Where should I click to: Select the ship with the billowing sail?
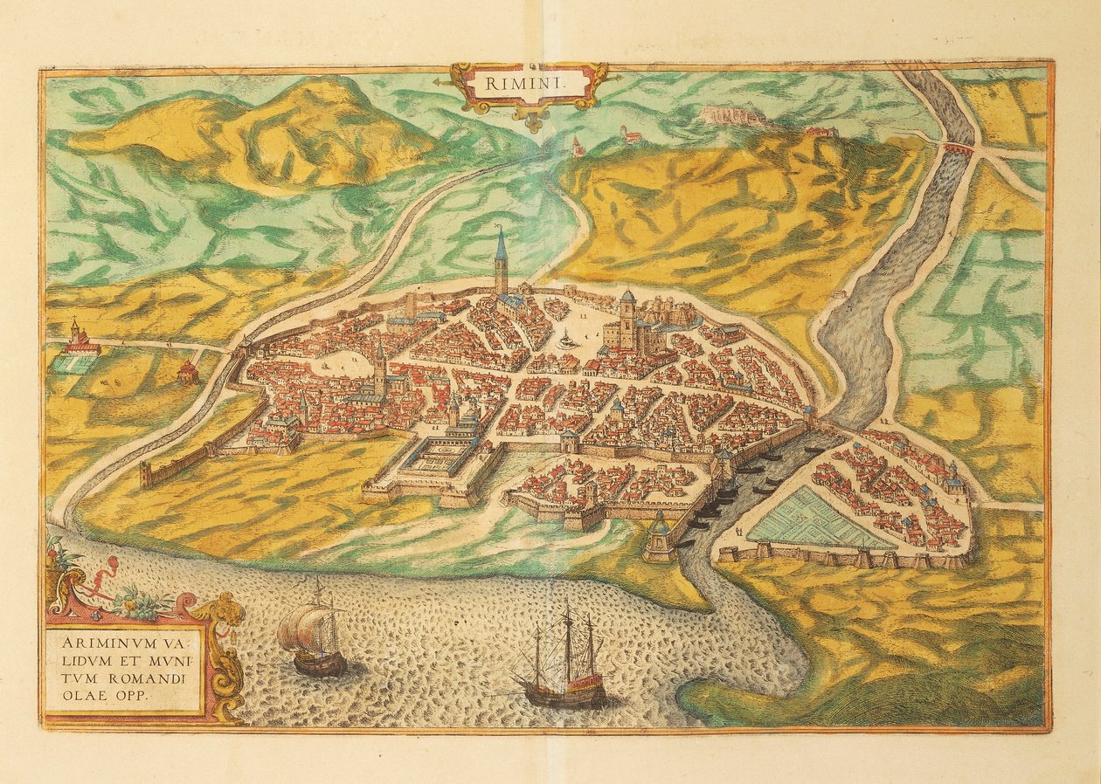(x=311, y=635)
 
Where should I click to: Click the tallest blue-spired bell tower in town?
(x=501, y=263)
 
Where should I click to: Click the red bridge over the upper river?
(x=959, y=149)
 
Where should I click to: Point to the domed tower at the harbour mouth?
(x=660, y=537)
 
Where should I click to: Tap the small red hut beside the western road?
(x=187, y=373)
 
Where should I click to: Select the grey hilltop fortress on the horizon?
(x=732, y=114)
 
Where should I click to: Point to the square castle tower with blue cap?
(x=627, y=319)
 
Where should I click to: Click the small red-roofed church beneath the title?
(x=577, y=148)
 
